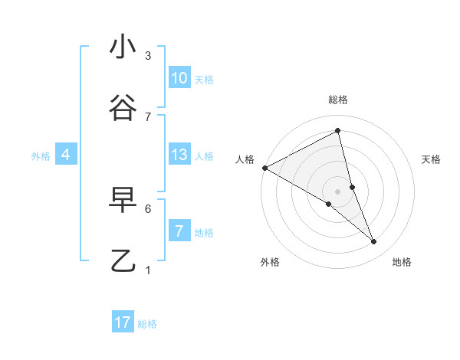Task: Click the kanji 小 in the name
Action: pos(123,47)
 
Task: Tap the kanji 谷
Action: pos(123,108)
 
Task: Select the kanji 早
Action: pos(123,200)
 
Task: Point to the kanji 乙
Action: pos(123,261)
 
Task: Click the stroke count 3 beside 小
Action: pos(148,56)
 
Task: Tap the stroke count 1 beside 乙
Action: pos(148,270)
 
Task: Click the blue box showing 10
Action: pos(179,78)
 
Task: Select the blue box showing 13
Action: pos(179,155)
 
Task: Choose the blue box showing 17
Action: pos(123,322)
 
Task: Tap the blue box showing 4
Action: pos(66,155)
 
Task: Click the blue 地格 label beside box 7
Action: pos(204,233)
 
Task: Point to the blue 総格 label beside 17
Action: pos(147,324)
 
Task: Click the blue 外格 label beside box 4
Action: pos(41,156)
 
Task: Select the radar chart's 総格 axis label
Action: pos(338,100)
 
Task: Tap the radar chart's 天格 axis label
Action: pos(432,159)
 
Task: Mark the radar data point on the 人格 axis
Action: pos(264,168)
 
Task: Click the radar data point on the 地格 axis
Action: pos(374,242)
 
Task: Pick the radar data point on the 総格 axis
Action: pos(338,130)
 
